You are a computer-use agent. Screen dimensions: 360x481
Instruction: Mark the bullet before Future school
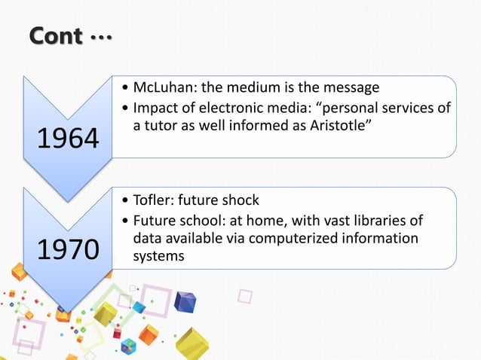[x=125, y=221]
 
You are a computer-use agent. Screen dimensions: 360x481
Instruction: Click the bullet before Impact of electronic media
[x=125, y=109]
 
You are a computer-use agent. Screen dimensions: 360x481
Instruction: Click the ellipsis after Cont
[x=100, y=36]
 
